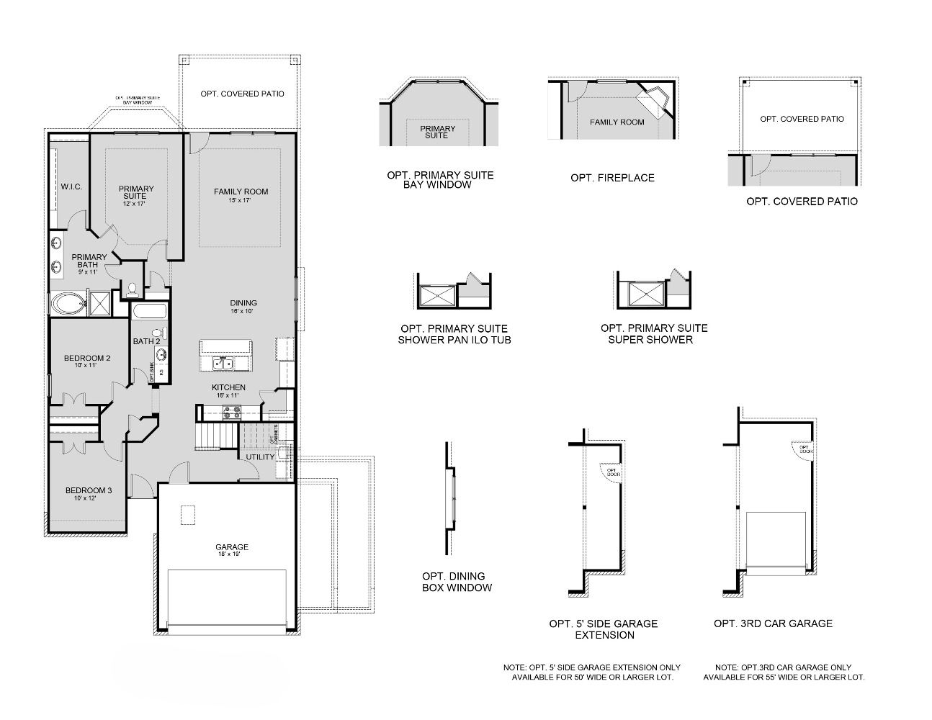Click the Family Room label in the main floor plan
pos(241,195)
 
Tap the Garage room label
pos(232,551)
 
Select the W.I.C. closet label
pos(71,186)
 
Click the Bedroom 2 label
pos(86,361)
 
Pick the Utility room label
pos(259,457)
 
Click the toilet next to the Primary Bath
pos(132,290)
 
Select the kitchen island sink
pos(223,364)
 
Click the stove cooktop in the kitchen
pos(232,413)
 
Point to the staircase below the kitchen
pos(216,436)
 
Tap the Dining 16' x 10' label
pos(243,307)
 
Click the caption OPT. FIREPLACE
pos(612,178)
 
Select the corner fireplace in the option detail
pos(655,100)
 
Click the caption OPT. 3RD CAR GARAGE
pos(773,624)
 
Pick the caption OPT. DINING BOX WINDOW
pos(457,582)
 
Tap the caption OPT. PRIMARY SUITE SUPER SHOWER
pos(654,333)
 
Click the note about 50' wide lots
pos(593,672)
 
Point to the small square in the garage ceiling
pos(187,515)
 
